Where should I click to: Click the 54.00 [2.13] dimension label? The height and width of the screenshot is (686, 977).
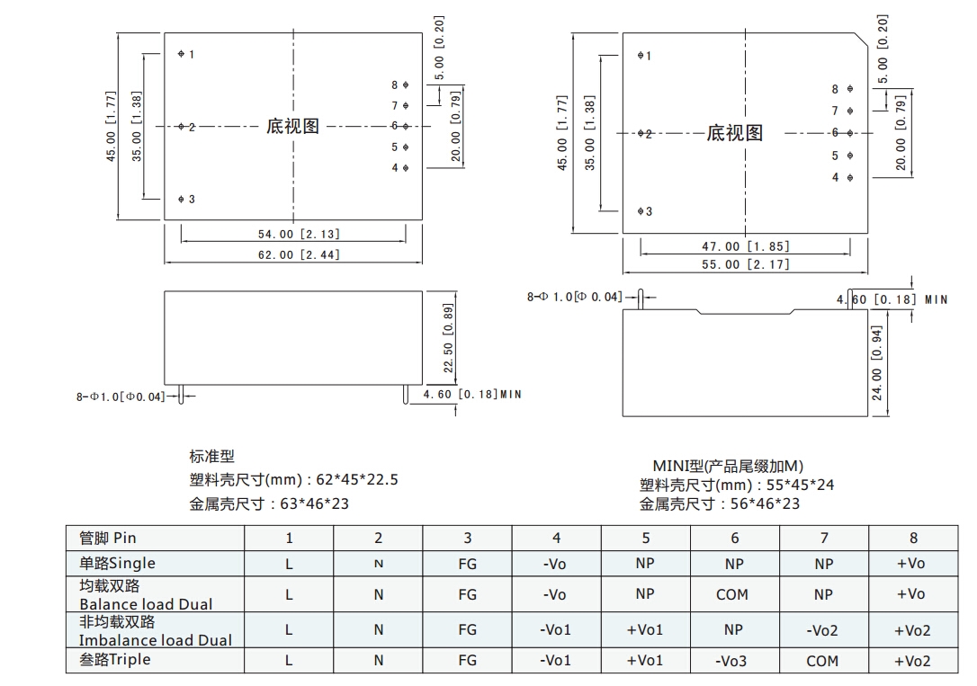click(x=299, y=234)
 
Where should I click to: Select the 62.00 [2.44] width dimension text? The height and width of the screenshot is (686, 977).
click(x=299, y=254)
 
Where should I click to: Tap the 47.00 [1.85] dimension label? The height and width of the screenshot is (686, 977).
click(x=746, y=246)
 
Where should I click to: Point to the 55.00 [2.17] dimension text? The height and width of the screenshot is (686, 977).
click(x=746, y=264)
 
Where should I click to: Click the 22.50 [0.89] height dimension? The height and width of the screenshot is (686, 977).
click(x=448, y=338)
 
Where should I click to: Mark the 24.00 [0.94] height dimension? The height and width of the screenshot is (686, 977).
click(x=876, y=363)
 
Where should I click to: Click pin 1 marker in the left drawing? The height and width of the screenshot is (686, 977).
click(x=181, y=54)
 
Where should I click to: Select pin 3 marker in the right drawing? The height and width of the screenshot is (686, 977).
click(x=641, y=211)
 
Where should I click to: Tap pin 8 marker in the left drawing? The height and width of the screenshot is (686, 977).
click(x=406, y=85)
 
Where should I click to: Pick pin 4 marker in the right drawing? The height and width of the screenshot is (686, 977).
click(x=850, y=178)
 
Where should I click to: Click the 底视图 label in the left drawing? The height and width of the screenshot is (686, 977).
click(x=293, y=127)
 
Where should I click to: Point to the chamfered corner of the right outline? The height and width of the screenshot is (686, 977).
click(x=860, y=40)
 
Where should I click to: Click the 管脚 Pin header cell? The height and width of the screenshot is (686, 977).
click(x=108, y=538)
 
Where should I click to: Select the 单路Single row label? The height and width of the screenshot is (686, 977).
click(x=117, y=564)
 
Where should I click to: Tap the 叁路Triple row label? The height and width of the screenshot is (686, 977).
click(x=114, y=660)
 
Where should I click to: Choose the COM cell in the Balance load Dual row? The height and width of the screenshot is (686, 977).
click(x=732, y=594)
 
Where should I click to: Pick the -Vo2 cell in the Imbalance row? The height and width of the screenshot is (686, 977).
click(x=822, y=630)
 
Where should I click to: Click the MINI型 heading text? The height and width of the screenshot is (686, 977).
click(x=678, y=466)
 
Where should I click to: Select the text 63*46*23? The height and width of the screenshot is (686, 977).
click(x=315, y=503)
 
